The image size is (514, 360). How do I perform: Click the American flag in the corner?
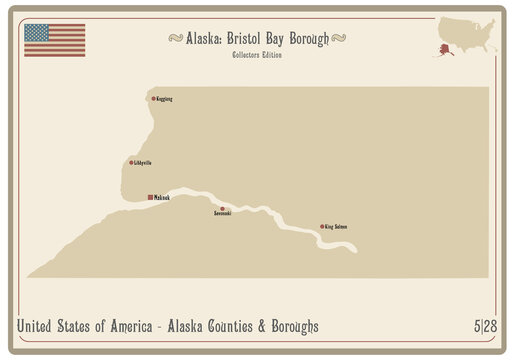coord(54,40)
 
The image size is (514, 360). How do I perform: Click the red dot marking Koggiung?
coord(153,98)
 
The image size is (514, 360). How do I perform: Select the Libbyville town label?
coord(143,163)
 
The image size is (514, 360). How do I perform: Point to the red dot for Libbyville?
coord(131,162)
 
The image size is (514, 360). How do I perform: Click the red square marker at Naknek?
coord(150,197)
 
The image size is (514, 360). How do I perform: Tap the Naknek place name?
coord(163,198)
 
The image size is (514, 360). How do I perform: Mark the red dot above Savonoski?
coord(222,208)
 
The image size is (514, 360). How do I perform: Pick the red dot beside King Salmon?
coord(322,227)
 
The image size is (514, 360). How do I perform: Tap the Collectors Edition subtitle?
coord(256,55)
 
